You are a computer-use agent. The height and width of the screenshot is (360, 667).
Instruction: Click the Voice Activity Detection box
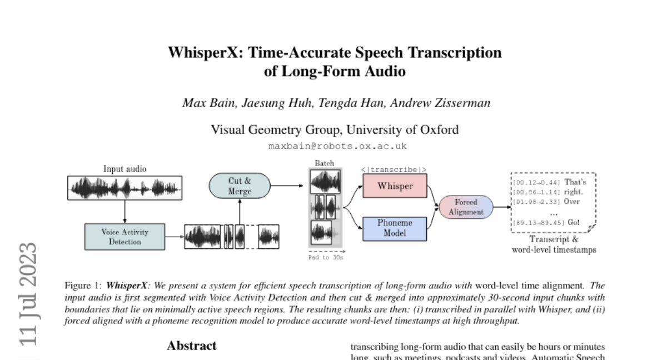tap(117, 236)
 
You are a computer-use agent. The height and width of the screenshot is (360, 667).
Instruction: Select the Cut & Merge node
tap(240, 186)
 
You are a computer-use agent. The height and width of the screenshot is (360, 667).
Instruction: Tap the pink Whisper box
tap(395, 186)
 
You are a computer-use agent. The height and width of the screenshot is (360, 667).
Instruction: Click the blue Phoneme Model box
tap(395, 228)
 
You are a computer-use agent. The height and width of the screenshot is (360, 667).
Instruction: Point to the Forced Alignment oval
tap(466, 207)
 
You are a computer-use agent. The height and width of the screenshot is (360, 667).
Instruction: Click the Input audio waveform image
tap(125, 188)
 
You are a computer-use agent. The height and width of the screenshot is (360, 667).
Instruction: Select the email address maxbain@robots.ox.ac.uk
tap(337, 146)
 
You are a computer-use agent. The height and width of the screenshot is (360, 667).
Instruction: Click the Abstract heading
tap(192, 346)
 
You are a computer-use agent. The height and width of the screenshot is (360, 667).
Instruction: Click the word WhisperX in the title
tap(206, 53)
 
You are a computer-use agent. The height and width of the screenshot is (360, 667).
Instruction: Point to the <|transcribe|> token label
tap(394, 169)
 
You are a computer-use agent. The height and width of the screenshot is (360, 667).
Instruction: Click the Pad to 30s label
tap(326, 257)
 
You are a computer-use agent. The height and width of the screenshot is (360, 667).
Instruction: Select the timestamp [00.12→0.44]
tap(536, 182)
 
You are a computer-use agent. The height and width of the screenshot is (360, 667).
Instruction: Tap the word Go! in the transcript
tap(574, 222)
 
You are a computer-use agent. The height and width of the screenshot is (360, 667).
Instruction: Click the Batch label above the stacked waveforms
tap(325, 163)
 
